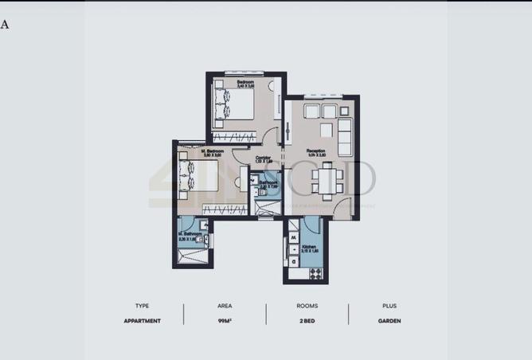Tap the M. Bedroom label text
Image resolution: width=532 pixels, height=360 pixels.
213,151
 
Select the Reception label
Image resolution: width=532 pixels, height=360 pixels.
318,151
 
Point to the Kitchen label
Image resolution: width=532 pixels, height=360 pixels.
310,248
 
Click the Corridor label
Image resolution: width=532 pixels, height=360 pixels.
263,157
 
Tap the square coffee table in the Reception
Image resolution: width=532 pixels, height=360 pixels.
327,130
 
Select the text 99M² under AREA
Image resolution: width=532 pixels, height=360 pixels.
225,321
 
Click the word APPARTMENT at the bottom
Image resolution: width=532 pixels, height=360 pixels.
143,321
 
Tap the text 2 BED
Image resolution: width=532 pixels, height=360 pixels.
307,321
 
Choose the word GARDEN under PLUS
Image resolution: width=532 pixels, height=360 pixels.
389,321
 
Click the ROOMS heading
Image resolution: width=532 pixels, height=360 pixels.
307,305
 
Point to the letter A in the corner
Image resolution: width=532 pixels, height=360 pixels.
5,24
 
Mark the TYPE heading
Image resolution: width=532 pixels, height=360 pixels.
143,305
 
